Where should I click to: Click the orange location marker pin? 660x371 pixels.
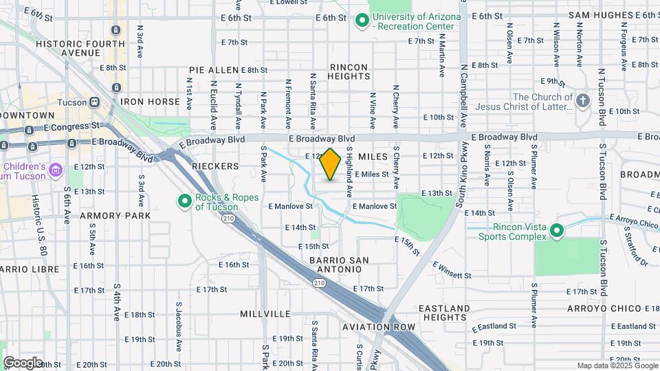(x=331, y=164)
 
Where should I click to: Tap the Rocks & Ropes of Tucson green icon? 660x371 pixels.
(x=184, y=202)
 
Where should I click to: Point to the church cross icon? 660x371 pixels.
(x=583, y=102)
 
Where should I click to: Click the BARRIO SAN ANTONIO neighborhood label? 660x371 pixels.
(x=339, y=265)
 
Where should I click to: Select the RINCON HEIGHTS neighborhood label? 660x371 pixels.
(x=349, y=71)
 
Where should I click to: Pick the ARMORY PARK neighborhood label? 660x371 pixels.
(x=115, y=216)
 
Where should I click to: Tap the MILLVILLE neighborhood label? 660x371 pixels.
(x=265, y=313)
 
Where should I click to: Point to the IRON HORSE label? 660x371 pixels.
(x=150, y=101)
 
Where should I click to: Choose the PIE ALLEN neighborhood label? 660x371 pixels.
(x=214, y=70)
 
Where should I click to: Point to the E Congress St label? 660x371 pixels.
(x=73, y=127)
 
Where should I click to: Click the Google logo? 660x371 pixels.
(x=23, y=362)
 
